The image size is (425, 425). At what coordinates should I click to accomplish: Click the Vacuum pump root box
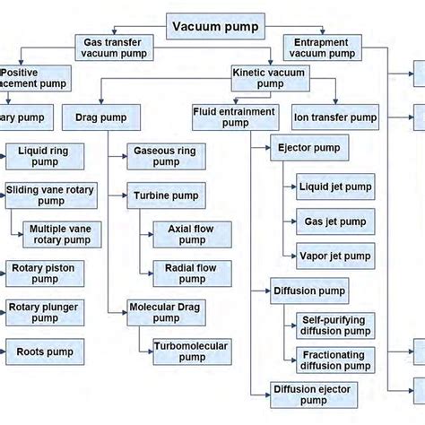coord(215,26)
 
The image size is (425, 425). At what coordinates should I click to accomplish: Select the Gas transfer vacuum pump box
coord(115,48)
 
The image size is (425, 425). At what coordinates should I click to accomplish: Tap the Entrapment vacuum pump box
coord(323,48)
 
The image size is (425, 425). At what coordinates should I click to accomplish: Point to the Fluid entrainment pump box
coord(235,117)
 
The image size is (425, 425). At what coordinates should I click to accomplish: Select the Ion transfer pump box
coord(335,116)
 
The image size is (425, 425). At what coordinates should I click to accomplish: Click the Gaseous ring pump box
coord(165,157)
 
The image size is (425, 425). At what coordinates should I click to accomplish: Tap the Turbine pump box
coord(165,195)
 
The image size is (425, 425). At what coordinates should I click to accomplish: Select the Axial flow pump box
coord(191,235)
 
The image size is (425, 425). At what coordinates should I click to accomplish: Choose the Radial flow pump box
coord(191,273)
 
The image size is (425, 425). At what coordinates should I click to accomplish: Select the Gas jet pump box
coord(334,221)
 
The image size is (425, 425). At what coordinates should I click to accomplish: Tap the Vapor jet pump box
coord(334,256)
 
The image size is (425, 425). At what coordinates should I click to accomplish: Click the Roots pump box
coord(45,351)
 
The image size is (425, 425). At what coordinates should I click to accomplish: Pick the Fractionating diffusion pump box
coord(334,360)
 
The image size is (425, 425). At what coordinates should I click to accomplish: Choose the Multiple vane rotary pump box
coord(60,235)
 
